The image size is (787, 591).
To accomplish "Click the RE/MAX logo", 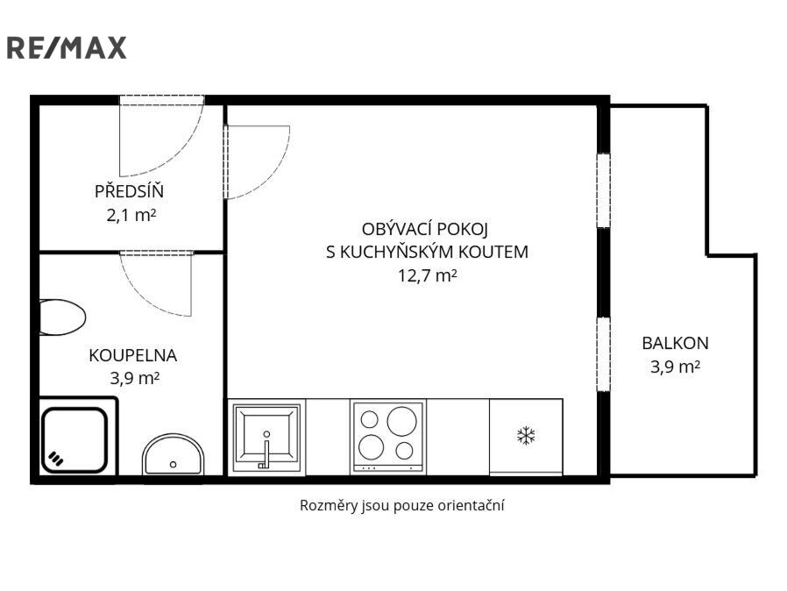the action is click(x=67, y=48).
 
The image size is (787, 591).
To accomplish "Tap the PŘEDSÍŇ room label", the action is click(x=129, y=191).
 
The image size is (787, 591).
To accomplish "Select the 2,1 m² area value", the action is click(x=131, y=216).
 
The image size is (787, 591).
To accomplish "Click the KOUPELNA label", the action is click(x=133, y=355).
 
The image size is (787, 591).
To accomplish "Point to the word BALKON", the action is click(x=675, y=344).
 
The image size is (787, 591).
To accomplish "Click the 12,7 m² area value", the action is click(x=427, y=275).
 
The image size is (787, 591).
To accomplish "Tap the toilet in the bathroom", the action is click(x=62, y=317).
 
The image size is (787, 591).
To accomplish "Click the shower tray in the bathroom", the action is click(x=74, y=440).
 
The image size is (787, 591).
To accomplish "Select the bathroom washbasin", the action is click(x=174, y=454).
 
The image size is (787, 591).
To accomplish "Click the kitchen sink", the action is click(x=266, y=437).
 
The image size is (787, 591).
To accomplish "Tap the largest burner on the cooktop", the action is click(x=402, y=420).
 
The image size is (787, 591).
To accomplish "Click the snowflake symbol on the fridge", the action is click(x=526, y=436).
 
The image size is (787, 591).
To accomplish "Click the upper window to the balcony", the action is click(x=603, y=191).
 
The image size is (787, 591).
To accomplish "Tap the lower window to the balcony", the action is click(x=603, y=354).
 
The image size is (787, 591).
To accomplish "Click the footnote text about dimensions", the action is click(x=401, y=505).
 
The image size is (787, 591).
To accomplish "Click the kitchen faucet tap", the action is click(x=266, y=451).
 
